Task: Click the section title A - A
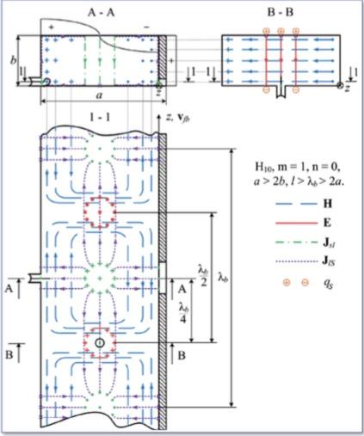point(97,13)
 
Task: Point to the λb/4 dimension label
point(182,311)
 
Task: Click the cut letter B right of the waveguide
point(180,351)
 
